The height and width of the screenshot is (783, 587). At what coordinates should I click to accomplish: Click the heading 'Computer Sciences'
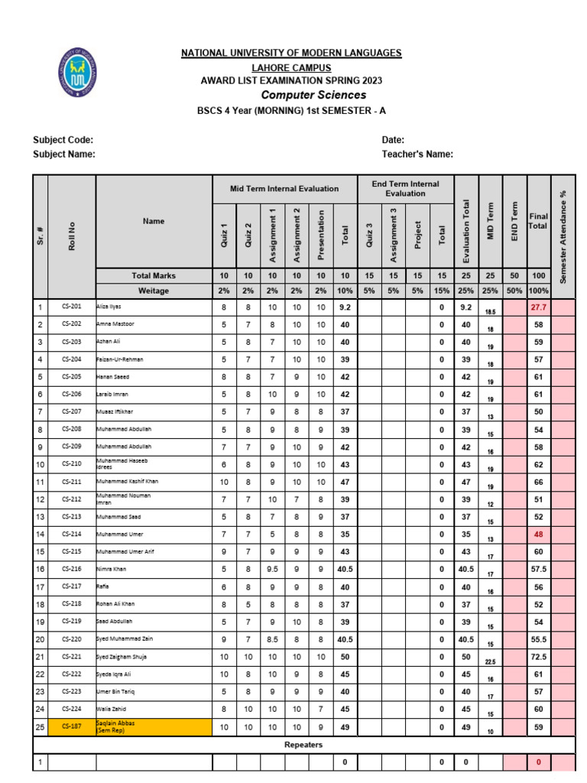(313, 96)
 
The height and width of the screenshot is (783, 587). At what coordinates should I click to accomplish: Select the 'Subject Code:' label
(63, 140)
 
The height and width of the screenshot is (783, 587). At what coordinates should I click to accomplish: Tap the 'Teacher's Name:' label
(417, 154)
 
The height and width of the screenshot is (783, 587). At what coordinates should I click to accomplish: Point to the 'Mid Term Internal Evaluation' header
(285, 188)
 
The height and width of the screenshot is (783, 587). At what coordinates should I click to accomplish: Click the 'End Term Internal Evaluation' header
(405, 189)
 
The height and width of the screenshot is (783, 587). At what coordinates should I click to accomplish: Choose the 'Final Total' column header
(539, 222)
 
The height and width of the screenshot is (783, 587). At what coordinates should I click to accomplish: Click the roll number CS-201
(72, 307)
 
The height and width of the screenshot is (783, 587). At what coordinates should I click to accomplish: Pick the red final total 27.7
(539, 307)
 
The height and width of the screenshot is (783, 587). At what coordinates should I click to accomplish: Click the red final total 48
(539, 534)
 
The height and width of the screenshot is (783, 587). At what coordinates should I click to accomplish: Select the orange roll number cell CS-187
(72, 726)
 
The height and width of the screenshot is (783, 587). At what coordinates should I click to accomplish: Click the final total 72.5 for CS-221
(539, 656)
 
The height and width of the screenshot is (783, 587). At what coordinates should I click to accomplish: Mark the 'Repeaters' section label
(303, 744)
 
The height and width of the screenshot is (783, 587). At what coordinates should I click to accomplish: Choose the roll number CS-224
(72, 708)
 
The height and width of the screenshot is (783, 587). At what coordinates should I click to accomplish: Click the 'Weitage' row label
(154, 291)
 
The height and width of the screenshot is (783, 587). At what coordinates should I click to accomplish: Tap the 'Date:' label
(393, 140)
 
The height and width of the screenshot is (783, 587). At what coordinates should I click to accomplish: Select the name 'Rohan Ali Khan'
(115, 604)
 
